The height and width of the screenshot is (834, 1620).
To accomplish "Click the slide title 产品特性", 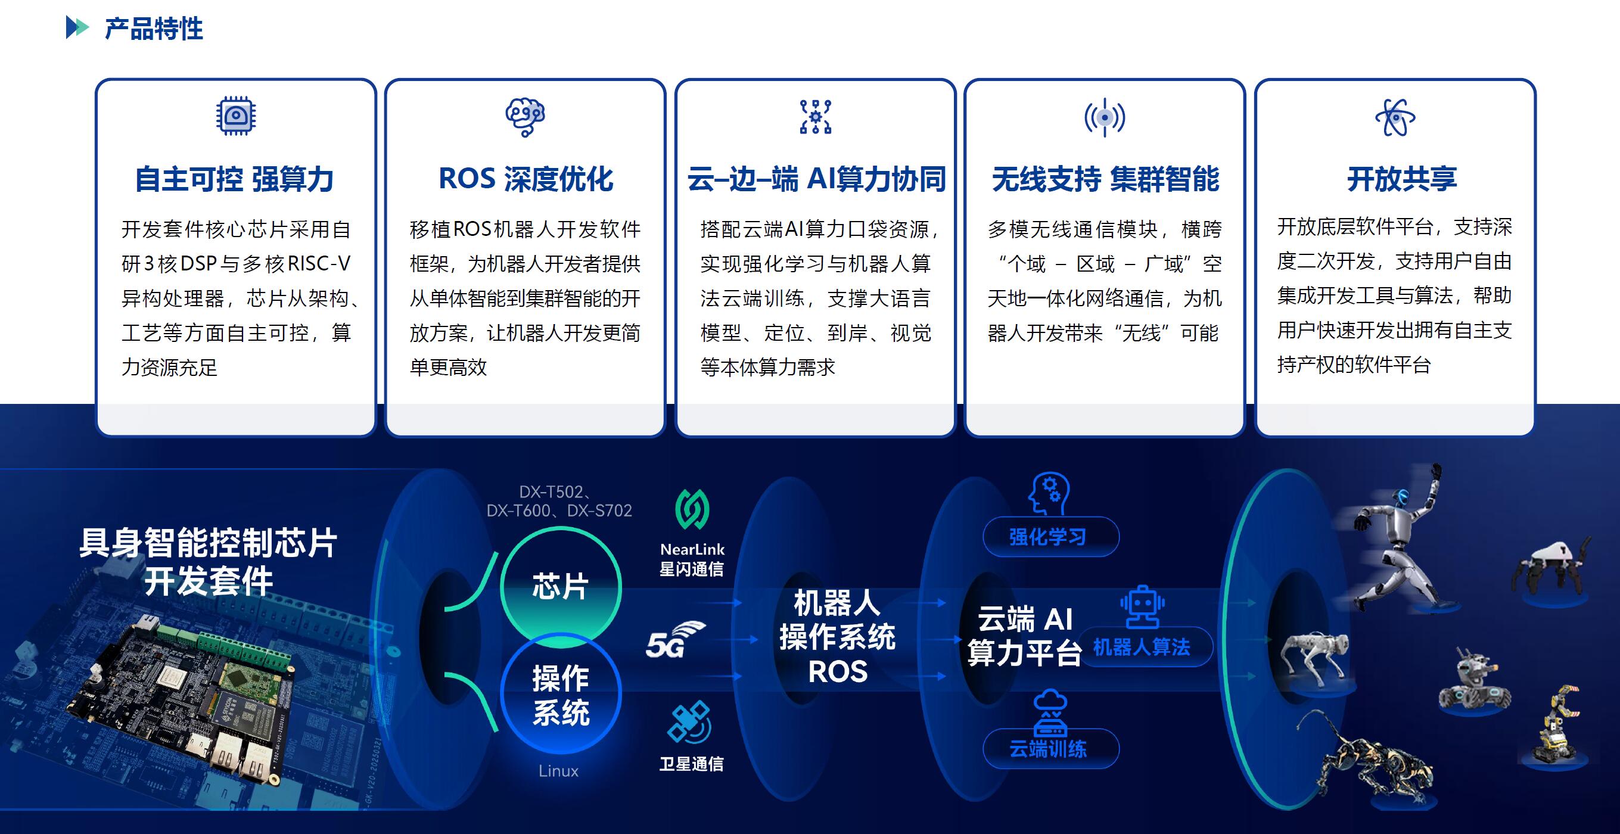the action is [154, 29].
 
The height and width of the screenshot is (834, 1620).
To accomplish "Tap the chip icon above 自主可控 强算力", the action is [236, 116].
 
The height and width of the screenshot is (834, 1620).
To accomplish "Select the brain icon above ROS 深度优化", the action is [525, 117].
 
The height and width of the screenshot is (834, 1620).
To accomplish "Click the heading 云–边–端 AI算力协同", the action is [816, 179].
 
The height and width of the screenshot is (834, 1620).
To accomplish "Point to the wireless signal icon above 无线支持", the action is [1104, 117].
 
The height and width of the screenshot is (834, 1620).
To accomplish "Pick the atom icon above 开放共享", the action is [1395, 117].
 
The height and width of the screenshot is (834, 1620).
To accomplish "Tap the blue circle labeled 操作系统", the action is [560, 695].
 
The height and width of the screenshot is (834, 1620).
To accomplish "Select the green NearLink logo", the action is [692, 509].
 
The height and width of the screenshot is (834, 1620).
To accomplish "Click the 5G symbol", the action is [675, 640].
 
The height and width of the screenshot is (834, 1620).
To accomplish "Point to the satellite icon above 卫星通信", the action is [689, 722].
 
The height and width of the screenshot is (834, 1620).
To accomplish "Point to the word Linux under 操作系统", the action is [558, 771].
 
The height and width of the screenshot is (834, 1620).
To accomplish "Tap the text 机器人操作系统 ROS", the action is [837, 636].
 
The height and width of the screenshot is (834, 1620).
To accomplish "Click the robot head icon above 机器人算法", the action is [1142, 608].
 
